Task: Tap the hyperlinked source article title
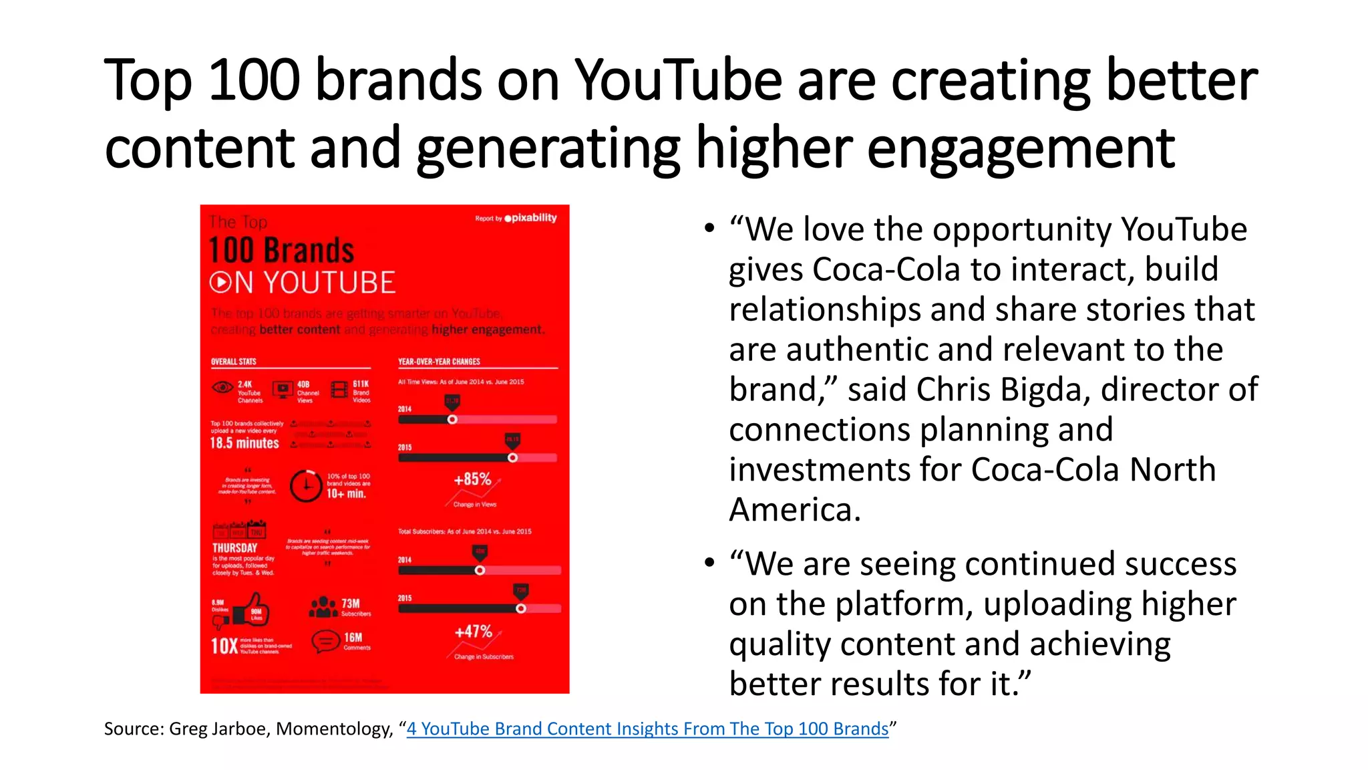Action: (x=647, y=729)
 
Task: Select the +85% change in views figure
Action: (x=472, y=479)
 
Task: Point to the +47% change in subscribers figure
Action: (x=473, y=632)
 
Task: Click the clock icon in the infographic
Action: (x=306, y=485)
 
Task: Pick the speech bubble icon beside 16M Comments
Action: (x=325, y=642)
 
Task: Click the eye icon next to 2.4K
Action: (x=222, y=388)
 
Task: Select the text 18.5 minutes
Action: (x=244, y=443)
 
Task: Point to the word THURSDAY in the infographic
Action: (x=234, y=547)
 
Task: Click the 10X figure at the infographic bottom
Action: (x=224, y=646)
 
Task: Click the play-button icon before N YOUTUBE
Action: (x=220, y=283)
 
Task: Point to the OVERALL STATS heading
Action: (x=234, y=362)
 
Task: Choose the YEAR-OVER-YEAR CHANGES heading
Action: (x=439, y=362)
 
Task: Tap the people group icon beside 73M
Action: (x=323, y=607)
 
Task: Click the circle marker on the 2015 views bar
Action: (x=512, y=458)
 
